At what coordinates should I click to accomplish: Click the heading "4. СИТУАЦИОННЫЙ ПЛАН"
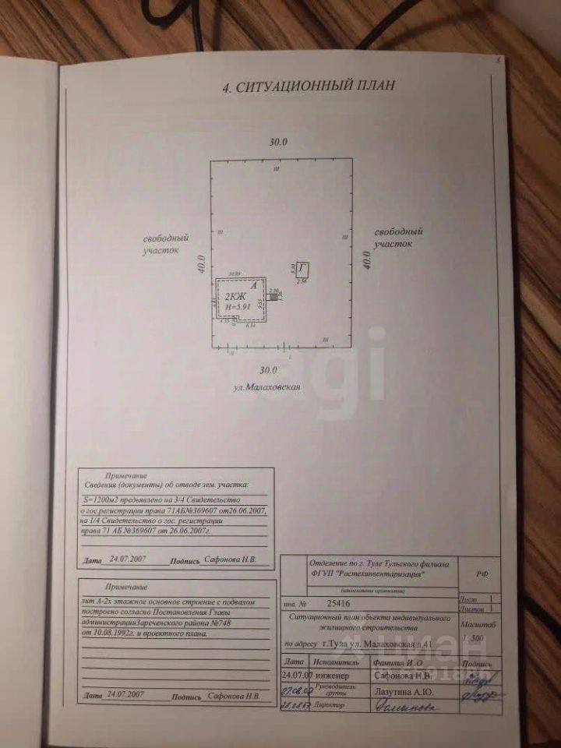309,87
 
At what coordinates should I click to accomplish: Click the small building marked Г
302,269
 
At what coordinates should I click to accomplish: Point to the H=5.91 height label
237,308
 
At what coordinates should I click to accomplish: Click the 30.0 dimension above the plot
278,143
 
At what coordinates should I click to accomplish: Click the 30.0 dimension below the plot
269,369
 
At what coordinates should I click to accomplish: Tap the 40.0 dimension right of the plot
366,257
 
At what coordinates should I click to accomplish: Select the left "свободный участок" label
164,244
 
